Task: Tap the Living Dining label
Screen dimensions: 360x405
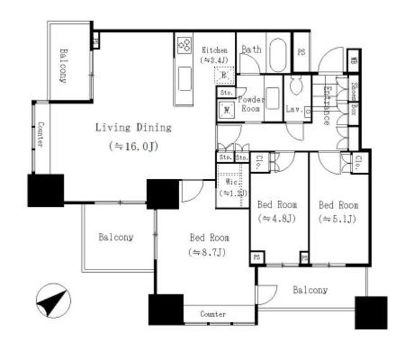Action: (x=133, y=128)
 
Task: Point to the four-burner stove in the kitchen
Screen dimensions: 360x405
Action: (x=185, y=44)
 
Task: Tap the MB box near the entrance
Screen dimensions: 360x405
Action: (x=354, y=63)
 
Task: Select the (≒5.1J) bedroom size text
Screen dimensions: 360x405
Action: (x=338, y=219)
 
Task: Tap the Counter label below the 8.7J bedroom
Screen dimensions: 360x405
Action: (x=213, y=314)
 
